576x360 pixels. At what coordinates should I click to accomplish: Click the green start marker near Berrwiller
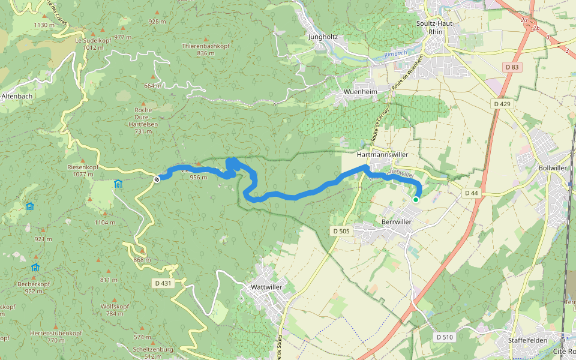[415, 199]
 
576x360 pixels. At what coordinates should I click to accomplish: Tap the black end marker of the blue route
[157, 178]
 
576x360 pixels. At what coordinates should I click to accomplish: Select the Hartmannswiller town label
[382, 154]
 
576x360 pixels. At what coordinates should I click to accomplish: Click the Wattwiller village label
[266, 287]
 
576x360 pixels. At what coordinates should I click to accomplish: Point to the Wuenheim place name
[360, 92]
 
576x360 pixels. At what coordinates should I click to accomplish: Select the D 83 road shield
[512, 67]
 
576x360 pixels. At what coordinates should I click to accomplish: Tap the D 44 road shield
[471, 193]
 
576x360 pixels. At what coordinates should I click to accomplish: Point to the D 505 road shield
[340, 231]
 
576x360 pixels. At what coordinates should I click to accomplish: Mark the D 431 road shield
[162, 283]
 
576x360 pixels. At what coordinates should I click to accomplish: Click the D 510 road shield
[445, 337]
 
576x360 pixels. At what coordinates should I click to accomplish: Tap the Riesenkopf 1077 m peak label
[82, 170]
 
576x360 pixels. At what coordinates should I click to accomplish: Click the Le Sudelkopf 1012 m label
[86, 43]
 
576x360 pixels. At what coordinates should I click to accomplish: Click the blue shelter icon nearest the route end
[118, 184]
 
